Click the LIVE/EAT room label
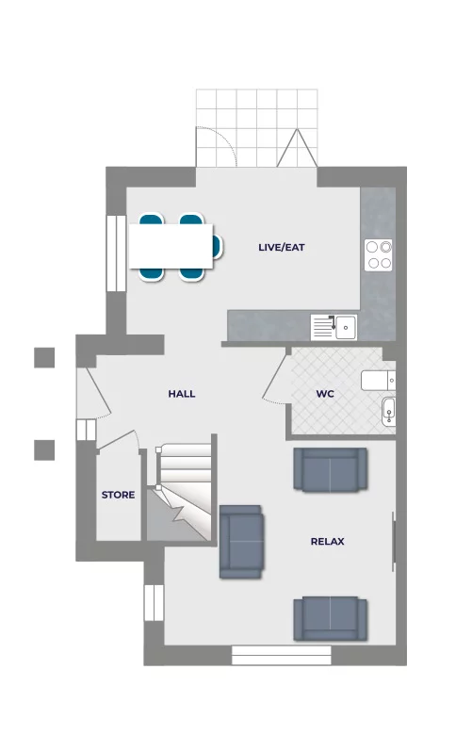click(x=282, y=247)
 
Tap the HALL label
click(x=182, y=394)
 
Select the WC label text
click(x=325, y=394)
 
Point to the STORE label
click(x=118, y=495)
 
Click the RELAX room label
click(x=328, y=542)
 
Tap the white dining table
click(x=171, y=247)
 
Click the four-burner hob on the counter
click(x=379, y=255)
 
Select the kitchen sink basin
click(x=346, y=326)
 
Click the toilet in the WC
click(x=378, y=381)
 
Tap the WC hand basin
click(x=388, y=412)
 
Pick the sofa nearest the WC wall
click(x=330, y=469)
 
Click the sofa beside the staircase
click(x=241, y=542)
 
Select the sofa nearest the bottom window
click(x=330, y=618)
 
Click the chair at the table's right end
click(x=217, y=247)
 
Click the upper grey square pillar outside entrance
click(x=44, y=358)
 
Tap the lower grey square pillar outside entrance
click(x=44, y=450)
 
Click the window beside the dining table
click(x=116, y=253)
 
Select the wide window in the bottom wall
click(x=282, y=655)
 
